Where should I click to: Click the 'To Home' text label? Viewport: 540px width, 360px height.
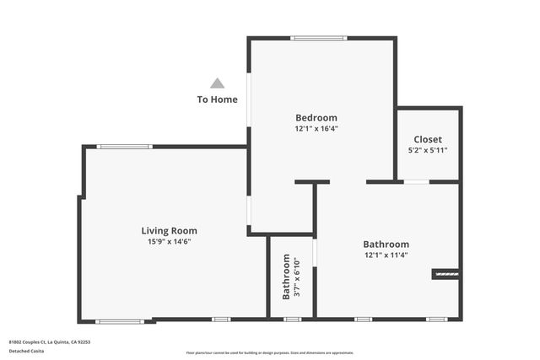coord(217,99)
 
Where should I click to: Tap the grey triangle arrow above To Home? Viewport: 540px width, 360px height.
coord(217,83)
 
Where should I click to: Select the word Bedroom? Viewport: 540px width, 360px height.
coord(316,117)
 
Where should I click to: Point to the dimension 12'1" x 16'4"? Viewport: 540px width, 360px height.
coord(316,129)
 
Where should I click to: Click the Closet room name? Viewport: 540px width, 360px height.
coord(427,139)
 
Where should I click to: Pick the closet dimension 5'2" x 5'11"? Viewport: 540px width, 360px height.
coord(427,151)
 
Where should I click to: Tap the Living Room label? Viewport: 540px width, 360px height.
coord(169,230)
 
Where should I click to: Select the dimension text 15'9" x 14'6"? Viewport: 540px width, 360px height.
coord(169,242)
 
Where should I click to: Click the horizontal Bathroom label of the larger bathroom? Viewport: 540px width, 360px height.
coord(386,244)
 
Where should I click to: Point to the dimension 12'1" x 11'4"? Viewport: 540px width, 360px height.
coord(386,255)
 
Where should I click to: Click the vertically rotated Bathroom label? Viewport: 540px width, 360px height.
coord(286,277)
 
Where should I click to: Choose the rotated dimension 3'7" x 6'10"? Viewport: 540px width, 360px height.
coord(298,277)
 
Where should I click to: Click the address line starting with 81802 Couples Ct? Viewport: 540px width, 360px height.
coord(49,341)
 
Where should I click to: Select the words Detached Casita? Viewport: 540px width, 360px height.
coord(27,350)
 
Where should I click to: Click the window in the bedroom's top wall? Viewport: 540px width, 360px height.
coord(319,38)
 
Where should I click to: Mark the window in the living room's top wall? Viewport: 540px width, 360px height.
coord(124,147)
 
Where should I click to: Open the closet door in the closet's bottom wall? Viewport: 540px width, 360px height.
coord(416,181)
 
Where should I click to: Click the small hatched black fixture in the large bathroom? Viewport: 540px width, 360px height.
coord(445,273)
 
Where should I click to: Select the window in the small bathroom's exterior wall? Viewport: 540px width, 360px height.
coord(292,319)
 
